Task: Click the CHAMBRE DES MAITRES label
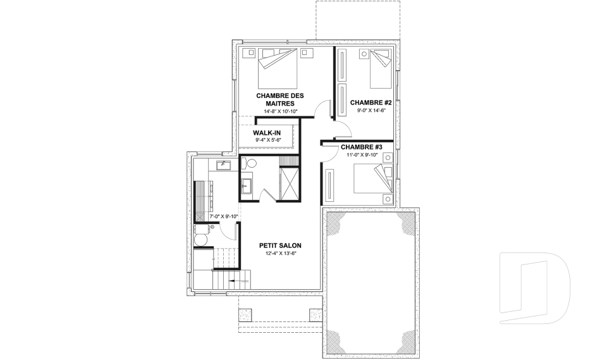(x=280, y=99)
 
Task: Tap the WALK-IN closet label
(x=267, y=133)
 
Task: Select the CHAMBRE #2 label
(x=371, y=102)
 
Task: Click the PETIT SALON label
(x=280, y=245)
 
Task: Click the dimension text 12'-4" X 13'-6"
(x=280, y=254)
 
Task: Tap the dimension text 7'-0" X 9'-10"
(x=223, y=216)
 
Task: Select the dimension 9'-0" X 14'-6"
(x=371, y=111)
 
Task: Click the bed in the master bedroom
(x=278, y=68)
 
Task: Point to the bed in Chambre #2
(x=381, y=68)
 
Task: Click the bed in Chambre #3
(x=373, y=178)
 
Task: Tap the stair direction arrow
(x=238, y=280)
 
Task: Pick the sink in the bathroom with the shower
(x=246, y=186)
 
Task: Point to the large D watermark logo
(x=534, y=288)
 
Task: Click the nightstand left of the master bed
(x=250, y=52)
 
